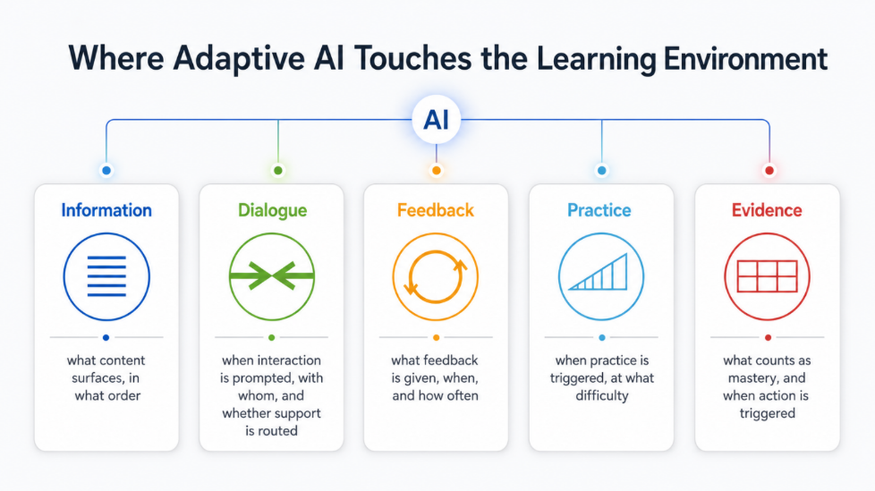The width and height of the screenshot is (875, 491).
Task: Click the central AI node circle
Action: point(436,120)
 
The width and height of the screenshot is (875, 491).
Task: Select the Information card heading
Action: point(106,210)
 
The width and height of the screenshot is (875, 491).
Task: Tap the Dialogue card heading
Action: point(272,210)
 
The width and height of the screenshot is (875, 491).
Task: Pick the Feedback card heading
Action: point(436,210)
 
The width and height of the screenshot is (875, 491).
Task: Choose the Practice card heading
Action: point(599,210)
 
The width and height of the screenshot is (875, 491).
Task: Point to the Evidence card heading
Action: point(767,210)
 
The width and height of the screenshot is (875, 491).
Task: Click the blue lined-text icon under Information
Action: point(106,276)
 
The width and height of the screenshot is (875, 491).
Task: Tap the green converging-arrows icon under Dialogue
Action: point(272,276)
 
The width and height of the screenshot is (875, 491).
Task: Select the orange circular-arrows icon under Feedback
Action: point(436,276)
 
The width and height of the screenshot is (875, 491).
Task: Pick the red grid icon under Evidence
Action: point(768,276)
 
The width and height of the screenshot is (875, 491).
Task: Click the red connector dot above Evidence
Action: point(769,170)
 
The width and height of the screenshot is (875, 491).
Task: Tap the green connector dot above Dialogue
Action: point(278,170)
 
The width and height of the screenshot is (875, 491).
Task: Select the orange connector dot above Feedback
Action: point(437,170)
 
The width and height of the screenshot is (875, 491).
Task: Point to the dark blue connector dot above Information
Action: point(106,170)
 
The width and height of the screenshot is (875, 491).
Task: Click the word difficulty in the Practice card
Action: point(601,395)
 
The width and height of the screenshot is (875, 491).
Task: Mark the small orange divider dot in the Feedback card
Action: point(437,337)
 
